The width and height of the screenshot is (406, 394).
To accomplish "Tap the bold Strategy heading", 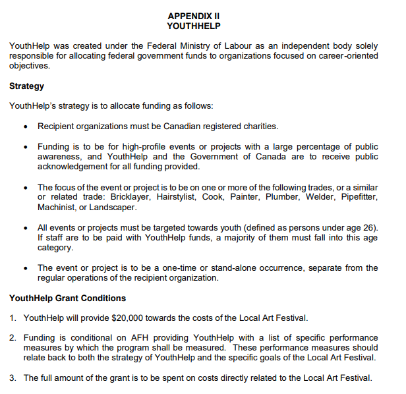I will click(x=26, y=86).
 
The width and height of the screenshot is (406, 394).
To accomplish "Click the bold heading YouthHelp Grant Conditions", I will click(x=67, y=298).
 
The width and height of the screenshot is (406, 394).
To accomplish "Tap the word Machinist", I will click(x=57, y=207).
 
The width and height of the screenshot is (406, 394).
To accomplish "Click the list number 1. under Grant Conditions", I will click(x=13, y=318).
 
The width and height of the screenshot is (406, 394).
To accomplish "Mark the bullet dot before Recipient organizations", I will click(x=25, y=127).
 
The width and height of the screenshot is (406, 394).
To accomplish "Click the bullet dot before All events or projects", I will click(x=25, y=228).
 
